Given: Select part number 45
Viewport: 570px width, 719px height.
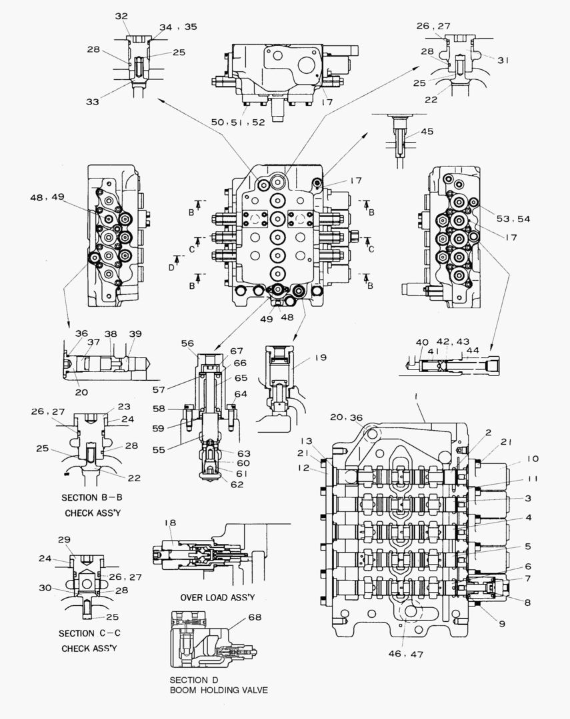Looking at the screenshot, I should click(x=427, y=131).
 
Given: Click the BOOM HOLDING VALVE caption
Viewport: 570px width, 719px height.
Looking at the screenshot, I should click(x=219, y=690).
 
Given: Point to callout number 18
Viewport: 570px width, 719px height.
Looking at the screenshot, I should click(x=170, y=524).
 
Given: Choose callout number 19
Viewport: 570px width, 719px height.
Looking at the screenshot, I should click(x=320, y=358).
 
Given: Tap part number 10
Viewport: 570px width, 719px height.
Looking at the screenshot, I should click(x=533, y=459).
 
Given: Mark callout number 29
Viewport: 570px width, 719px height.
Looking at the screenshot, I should click(x=64, y=539).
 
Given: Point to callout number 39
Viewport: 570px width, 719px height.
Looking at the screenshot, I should click(x=135, y=334).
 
